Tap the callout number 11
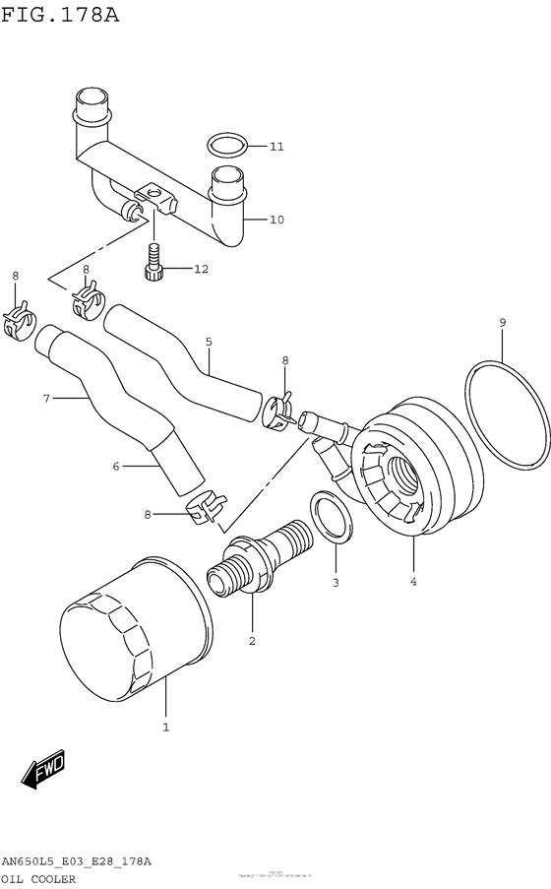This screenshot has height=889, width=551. pos(276,147)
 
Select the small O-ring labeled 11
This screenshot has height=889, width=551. pos(227,146)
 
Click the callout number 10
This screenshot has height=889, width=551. pos(276,220)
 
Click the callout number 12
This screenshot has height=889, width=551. pos(201,269)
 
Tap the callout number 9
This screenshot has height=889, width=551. pos(502,322)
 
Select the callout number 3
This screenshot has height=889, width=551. pos(335,583)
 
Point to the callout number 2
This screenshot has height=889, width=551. pos(252,642)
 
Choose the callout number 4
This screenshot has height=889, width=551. pos(413,582)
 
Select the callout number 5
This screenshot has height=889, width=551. pos(209,342)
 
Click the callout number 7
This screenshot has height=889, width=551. pos(45,399)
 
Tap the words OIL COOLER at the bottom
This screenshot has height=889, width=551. pos(40,879)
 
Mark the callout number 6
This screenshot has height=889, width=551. pos(115,466)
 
